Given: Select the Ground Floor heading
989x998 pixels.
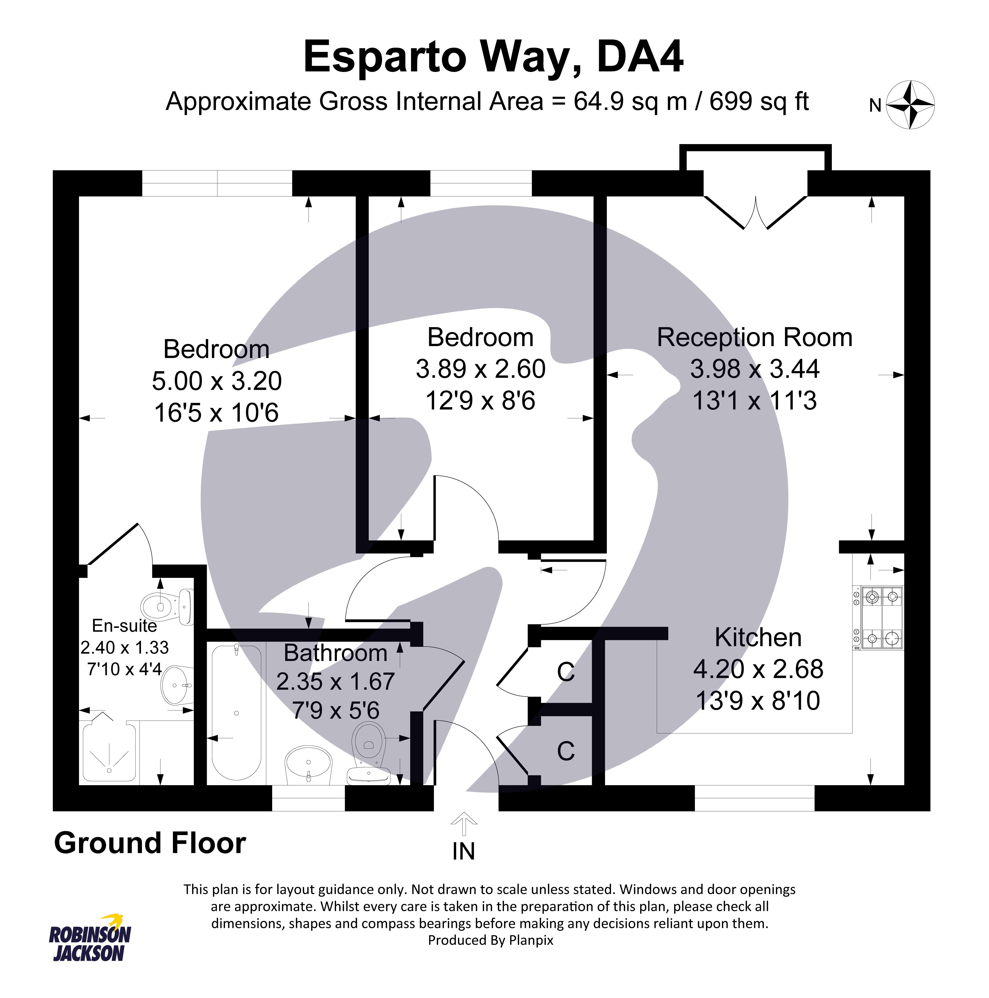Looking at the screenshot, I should pos(150,843).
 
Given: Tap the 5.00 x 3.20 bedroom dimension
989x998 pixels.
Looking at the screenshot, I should pos(217,381).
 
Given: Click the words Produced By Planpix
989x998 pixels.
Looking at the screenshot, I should pos(490,940).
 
